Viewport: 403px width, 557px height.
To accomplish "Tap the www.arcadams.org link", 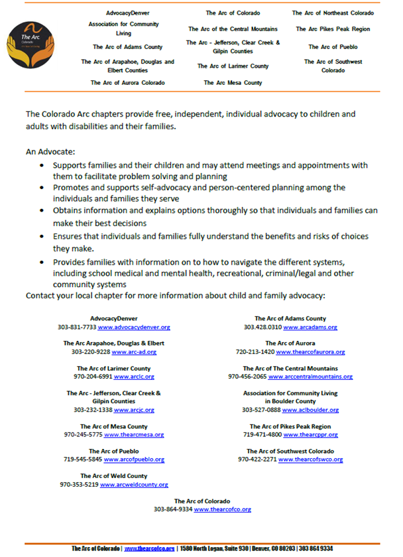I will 310,328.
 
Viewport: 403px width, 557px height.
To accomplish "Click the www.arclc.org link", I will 134,377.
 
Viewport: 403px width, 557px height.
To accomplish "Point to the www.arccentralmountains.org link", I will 310,377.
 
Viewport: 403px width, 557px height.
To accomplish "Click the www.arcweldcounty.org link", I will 134,485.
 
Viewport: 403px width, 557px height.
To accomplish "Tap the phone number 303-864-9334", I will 173,509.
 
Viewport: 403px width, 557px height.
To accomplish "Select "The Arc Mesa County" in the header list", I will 233,83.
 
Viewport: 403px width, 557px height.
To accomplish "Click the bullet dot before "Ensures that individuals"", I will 44,237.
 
